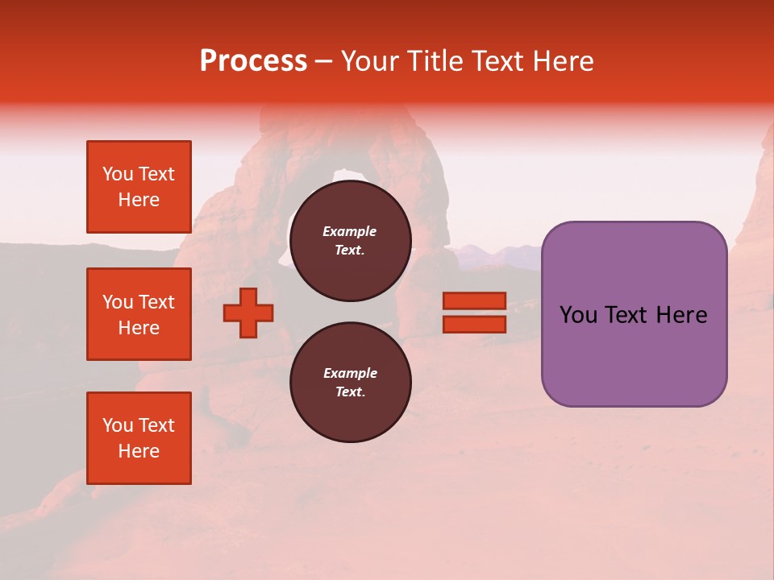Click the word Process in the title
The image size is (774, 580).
(253, 61)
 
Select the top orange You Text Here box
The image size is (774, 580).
(139, 187)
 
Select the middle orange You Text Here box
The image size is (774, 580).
(139, 314)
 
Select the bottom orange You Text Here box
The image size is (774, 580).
(139, 438)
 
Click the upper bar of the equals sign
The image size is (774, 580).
(474, 301)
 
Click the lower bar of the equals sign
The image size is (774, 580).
(474, 325)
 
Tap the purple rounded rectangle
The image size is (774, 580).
(634, 354)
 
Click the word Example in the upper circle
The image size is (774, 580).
(349, 231)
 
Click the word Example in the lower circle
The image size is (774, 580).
(349, 373)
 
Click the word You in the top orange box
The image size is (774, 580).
(118, 174)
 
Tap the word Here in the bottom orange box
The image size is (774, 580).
(139, 451)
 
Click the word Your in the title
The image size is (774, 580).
(369, 61)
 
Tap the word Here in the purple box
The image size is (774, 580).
(682, 315)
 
